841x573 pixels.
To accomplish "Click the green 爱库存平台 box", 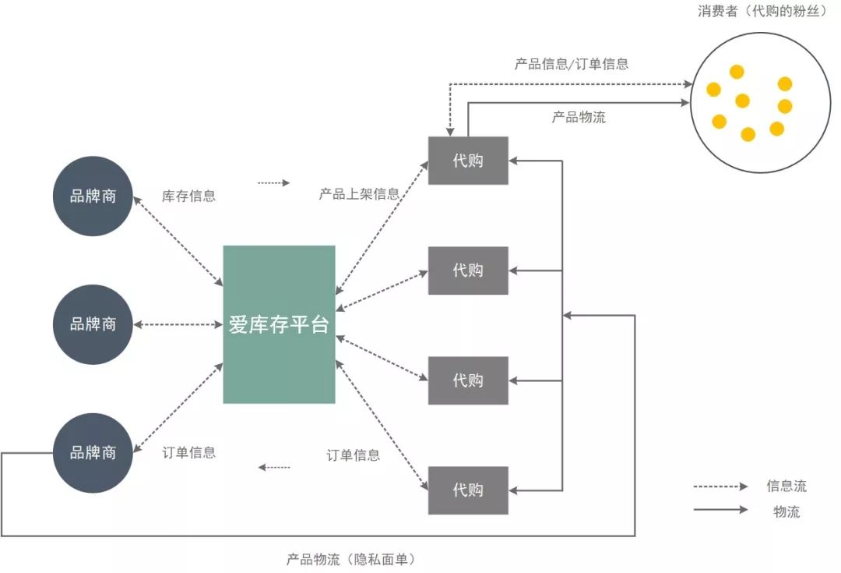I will pyautogui.click(x=279, y=324).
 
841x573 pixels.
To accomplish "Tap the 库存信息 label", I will pyautogui.click(x=188, y=196).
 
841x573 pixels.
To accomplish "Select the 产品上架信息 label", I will pyautogui.click(x=359, y=194).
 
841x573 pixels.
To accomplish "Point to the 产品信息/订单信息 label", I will pyautogui.click(x=572, y=64).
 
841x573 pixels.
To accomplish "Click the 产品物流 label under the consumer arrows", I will pyautogui.click(x=579, y=117).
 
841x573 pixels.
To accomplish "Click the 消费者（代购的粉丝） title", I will pyautogui.click(x=762, y=11).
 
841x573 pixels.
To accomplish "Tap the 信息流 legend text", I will pyautogui.click(x=786, y=486).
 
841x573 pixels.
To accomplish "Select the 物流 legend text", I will pyautogui.click(x=786, y=511).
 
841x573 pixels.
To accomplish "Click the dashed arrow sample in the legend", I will pyautogui.click(x=720, y=486).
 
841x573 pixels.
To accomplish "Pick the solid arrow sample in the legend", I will pyautogui.click(x=720, y=511).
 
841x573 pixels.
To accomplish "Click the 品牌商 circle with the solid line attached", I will pyautogui.click(x=93, y=453).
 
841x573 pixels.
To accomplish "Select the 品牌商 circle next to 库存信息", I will pyautogui.click(x=93, y=196).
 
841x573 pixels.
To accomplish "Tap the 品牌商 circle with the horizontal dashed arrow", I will pyautogui.click(x=93, y=324).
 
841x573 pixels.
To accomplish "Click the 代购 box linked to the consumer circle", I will pyautogui.click(x=468, y=161).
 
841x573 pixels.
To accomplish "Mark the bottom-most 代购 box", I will pyautogui.click(x=468, y=490).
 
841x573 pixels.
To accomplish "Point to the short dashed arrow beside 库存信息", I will pyautogui.click(x=273, y=183).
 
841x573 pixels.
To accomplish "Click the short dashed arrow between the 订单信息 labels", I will pyautogui.click(x=274, y=468).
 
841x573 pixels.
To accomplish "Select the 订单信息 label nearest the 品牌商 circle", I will pyautogui.click(x=188, y=452).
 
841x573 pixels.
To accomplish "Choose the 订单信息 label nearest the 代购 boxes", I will pyautogui.click(x=354, y=455).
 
